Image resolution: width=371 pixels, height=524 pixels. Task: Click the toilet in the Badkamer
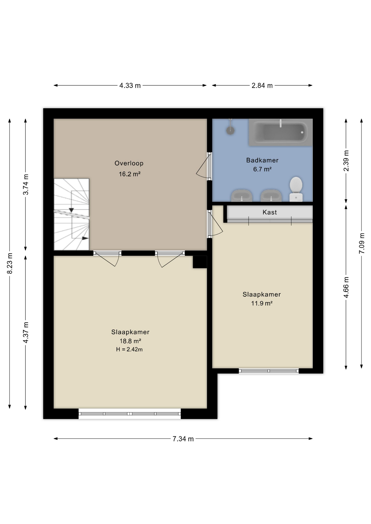(x=296, y=189)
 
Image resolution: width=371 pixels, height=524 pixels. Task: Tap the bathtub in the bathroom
(x=281, y=132)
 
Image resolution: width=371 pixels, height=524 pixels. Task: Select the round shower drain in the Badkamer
(x=230, y=130)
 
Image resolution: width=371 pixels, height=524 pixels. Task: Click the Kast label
(x=270, y=212)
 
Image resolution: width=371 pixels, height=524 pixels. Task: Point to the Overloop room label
(x=129, y=163)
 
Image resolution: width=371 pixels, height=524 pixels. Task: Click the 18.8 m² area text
(x=130, y=341)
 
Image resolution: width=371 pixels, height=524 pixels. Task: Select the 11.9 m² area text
(x=262, y=303)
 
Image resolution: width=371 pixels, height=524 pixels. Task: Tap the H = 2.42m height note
(x=129, y=349)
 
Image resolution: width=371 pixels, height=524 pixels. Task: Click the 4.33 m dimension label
(x=130, y=85)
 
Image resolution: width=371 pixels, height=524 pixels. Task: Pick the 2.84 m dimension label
(x=262, y=85)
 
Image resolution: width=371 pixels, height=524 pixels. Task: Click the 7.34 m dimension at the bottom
(x=183, y=439)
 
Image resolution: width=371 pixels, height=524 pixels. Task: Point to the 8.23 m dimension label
(x=10, y=263)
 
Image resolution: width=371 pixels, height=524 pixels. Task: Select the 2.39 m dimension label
(x=346, y=161)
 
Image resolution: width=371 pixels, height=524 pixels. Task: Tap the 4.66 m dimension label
(x=346, y=287)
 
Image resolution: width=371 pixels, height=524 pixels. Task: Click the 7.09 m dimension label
(x=362, y=243)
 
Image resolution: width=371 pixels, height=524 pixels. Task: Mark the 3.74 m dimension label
(x=26, y=184)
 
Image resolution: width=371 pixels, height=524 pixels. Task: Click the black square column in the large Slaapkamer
(x=200, y=262)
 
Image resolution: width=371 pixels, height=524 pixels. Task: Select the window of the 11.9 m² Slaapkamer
(x=269, y=371)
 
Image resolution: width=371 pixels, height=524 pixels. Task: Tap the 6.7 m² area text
(x=262, y=169)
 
